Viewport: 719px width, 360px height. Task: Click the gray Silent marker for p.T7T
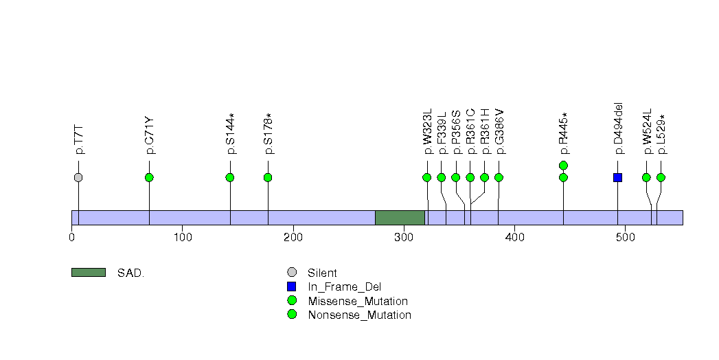point(78,177)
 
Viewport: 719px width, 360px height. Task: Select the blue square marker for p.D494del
point(617,177)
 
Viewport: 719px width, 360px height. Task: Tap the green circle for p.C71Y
point(149,177)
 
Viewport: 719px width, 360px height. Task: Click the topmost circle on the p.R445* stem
point(564,165)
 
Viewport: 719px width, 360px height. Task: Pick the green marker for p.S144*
point(230,177)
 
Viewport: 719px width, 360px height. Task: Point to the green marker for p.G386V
point(499,177)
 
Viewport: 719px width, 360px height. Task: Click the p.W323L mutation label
point(427,131)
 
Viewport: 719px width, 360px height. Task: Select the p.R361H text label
point(485,131)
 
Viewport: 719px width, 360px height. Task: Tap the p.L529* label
point(661,134)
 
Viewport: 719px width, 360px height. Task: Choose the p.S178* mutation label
point(269,133)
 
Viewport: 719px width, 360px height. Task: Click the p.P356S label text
point(456,132)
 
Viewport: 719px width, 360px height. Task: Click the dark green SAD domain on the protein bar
point(400,218)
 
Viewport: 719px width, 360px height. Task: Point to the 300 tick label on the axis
point(404,237)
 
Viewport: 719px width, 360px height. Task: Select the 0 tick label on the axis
point(72,237)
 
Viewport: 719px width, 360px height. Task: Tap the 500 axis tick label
point(626,237)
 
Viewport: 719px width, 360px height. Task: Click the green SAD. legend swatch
point(89,273)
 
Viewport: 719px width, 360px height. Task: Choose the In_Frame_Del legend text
point(344,287)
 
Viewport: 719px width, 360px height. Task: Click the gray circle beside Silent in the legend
point(292,273)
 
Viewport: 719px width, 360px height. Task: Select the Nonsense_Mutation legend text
point(360,315)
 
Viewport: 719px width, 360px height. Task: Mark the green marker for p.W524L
point(646,177)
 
